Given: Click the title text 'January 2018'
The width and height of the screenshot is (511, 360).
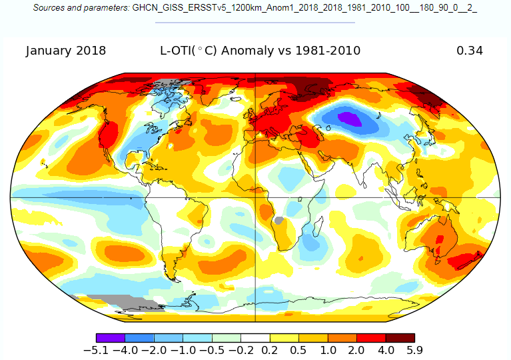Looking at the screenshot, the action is pos(66,51).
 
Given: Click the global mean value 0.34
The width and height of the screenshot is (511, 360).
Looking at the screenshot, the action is pos(470,51).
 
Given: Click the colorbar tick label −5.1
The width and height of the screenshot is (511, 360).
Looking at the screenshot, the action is pos(96,350).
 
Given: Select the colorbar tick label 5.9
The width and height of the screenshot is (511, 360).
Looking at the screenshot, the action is pos(414,350).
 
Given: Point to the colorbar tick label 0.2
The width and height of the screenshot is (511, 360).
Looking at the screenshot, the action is pos(270,350).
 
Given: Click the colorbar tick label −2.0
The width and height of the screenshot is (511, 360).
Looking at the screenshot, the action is pos(154,350).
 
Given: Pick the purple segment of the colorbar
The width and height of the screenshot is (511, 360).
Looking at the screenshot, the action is pos(111,338).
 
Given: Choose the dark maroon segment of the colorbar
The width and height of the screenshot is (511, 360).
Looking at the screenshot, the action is pos(400,338).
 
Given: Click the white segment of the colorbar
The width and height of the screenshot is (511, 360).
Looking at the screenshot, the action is pos(255,338).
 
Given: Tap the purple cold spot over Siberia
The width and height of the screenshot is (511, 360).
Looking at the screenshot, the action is pos(350,119).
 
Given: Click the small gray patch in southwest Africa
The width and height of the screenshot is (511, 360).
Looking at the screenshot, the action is pos(279,221).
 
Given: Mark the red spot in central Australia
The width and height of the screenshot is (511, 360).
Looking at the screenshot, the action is pos(440,239).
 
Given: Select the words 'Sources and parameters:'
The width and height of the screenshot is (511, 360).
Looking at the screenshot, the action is pos(81,8).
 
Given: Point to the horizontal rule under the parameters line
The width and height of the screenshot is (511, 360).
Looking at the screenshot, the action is pos(255,23).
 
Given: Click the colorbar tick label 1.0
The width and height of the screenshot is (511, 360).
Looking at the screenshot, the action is pos(328,350).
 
